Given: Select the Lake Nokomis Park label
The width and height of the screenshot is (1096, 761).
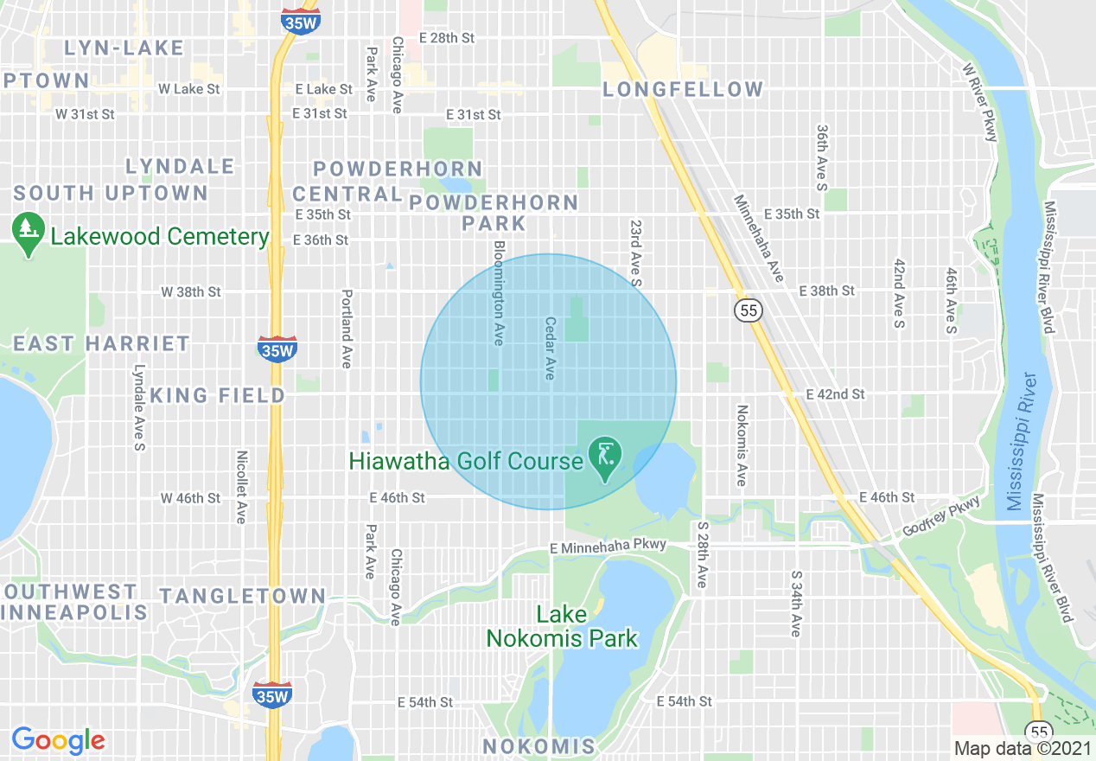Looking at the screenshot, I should [x=562, y=627].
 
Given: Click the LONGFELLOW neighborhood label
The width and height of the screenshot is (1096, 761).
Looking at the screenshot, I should [x=683, y=89].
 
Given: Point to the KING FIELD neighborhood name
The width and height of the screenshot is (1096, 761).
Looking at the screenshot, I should [x=218, y=395].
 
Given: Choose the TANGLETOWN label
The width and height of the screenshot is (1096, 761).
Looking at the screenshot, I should [x=242, y=596].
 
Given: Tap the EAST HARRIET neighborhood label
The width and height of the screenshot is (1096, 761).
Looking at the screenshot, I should [x=101, y=343].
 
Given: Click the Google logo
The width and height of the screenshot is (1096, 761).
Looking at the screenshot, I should [x=58, y=740].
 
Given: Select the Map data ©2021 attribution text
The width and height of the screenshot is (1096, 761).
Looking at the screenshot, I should [x=1021, y=748].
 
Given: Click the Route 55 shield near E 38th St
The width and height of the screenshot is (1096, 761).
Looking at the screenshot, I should [x=749, y=310].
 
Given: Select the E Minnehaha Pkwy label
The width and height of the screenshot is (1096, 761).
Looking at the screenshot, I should [x=609, y=546].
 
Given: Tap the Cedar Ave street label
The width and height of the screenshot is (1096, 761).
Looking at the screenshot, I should [x=549, y=349].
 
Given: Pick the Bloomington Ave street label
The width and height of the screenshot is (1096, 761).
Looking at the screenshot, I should [x=498, y=293].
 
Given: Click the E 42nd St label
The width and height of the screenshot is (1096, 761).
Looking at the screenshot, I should [x=835, y=394].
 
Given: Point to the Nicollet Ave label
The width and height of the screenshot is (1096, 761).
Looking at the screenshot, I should [x=242, y=487].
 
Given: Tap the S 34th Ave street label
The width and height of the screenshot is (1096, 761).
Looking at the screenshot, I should [x=795, y=604].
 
